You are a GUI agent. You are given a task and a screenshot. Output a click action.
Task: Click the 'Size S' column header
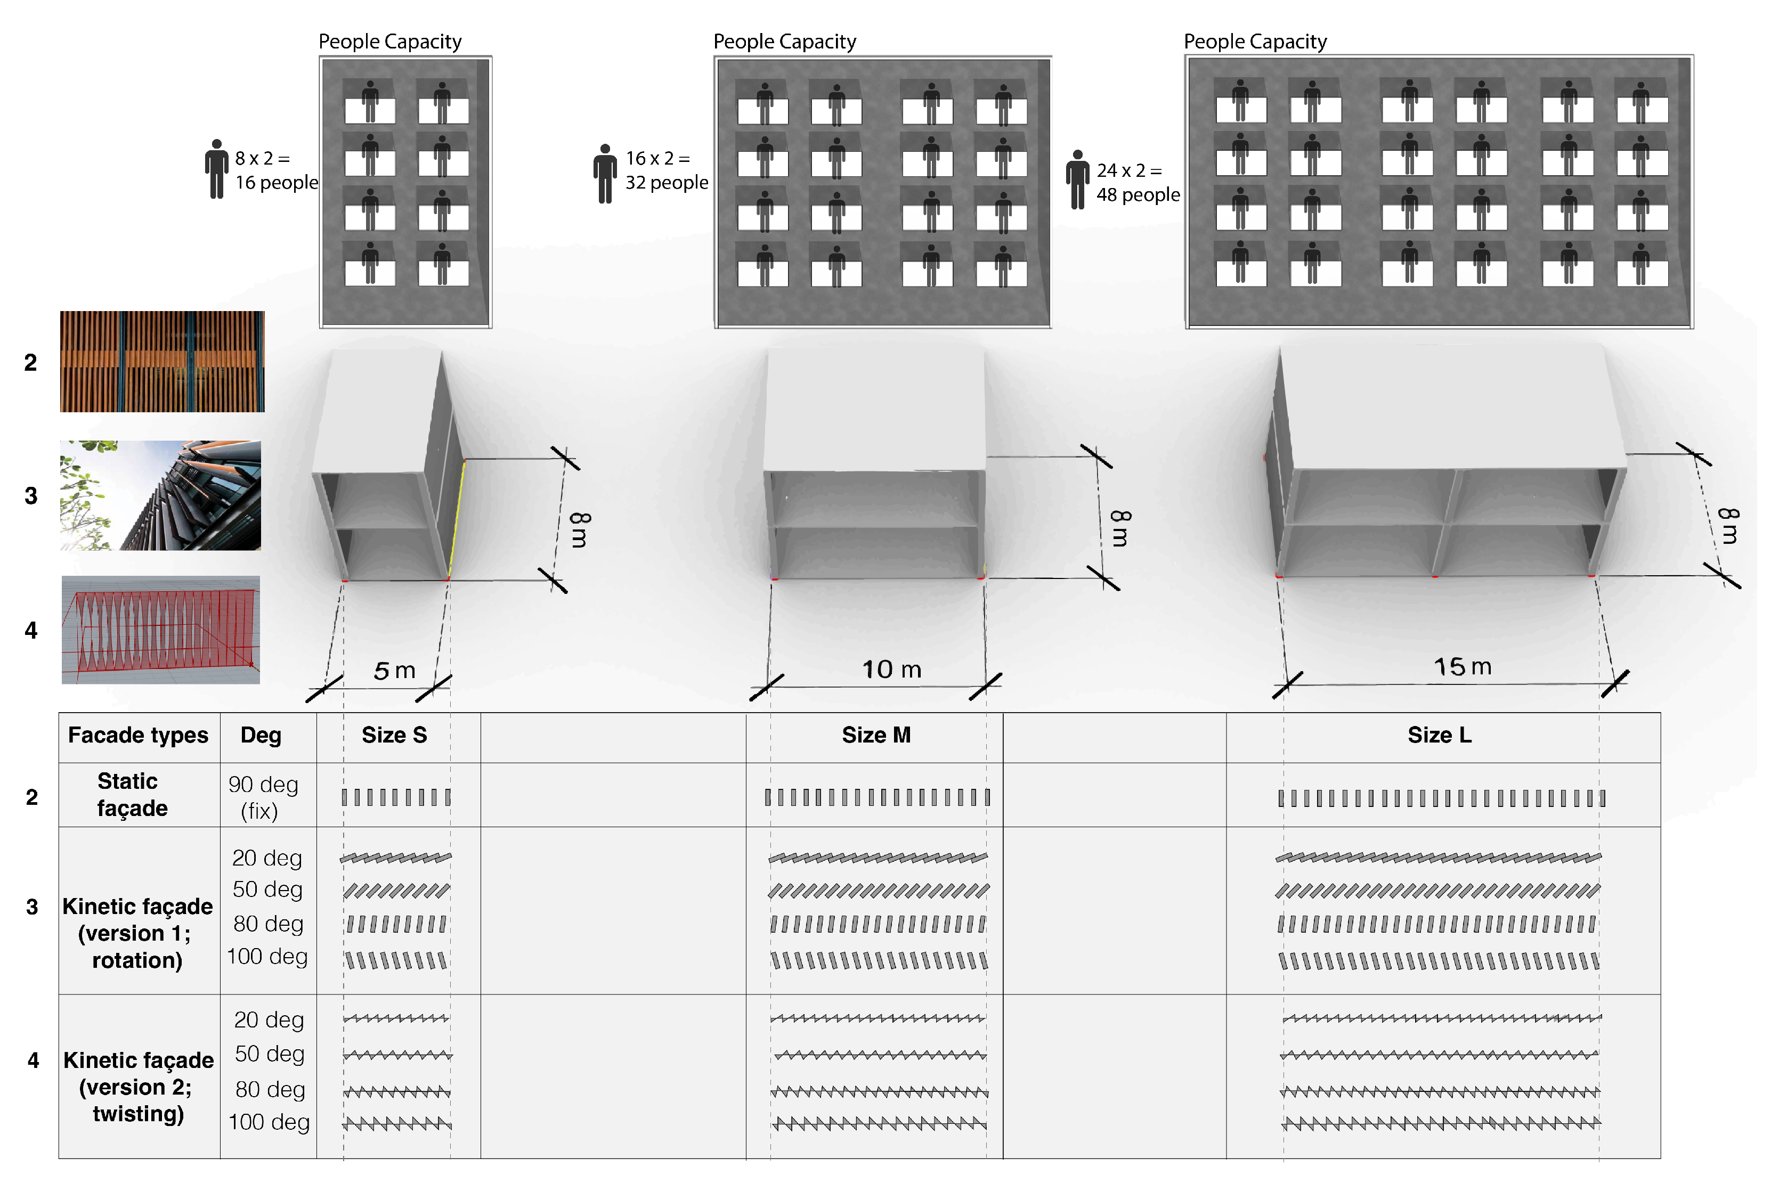pos(394,735)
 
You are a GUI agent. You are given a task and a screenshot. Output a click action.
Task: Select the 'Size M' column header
pos(876,735)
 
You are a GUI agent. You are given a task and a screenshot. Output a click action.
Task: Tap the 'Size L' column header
pos(1439,735)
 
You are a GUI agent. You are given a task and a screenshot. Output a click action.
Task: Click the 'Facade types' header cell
pos(138,735)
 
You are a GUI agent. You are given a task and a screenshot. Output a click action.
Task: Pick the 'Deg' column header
pos(261,735)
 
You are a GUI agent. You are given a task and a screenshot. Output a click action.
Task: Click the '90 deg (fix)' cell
pos(263,797)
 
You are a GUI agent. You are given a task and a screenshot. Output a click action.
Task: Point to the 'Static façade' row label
pos(132,795)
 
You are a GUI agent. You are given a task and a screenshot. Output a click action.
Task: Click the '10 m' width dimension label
pos(892,669)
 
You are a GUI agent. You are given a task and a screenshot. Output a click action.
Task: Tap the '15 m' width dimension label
pos(1462,667)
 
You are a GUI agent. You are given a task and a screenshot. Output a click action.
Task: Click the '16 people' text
pos(276,183)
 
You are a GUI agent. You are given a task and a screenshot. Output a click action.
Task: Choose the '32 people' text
pos(666,183)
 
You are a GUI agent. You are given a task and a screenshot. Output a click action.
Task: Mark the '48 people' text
pos(1138,194)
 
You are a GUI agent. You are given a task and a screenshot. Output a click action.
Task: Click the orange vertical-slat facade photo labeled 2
pos(162,361)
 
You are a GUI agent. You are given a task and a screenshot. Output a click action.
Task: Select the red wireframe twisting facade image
pos(161,630)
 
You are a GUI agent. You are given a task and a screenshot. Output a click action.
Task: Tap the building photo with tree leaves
pos(161,496)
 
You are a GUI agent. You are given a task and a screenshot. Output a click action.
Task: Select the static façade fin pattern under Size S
pos(396,797)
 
